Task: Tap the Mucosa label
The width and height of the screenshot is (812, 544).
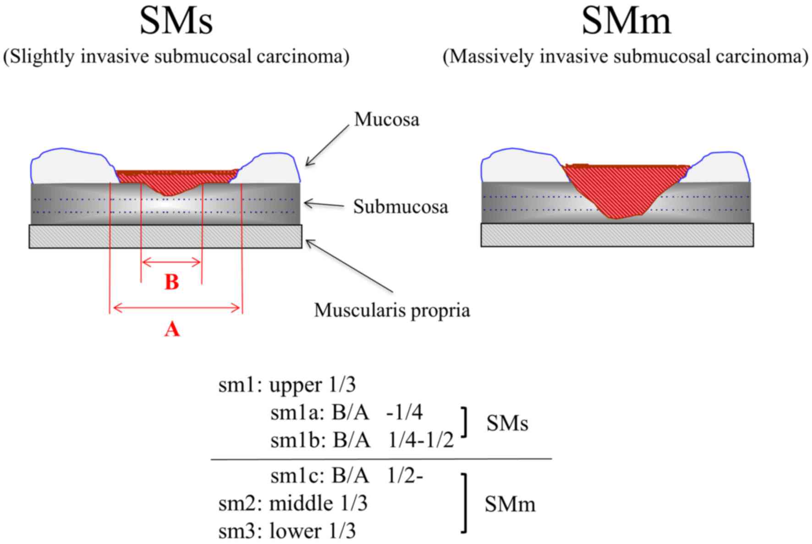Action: [386, 120]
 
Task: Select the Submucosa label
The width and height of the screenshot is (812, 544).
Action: [400, 207]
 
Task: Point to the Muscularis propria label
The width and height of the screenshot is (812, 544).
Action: [392, 311]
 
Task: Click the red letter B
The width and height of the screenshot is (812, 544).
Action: [172, 282]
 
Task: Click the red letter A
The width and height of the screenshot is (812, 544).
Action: [172, 329]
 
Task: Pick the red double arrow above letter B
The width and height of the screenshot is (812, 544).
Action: [172, 263]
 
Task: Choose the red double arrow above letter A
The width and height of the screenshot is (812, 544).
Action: [176, 308]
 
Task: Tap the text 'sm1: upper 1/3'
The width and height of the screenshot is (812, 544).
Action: [287, 385]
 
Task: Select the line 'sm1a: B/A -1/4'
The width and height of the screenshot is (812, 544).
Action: [346, 413]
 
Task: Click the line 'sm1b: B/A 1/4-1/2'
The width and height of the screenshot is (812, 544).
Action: [362, 440]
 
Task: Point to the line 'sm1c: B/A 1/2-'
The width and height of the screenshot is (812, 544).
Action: [346, 477]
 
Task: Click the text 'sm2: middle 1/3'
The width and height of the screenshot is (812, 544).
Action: [293, 504]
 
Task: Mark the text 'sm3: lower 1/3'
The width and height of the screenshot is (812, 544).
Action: [287, 531]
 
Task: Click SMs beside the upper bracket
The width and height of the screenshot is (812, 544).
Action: [507, 424]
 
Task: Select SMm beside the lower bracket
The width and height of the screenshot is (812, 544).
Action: [510, 505]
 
